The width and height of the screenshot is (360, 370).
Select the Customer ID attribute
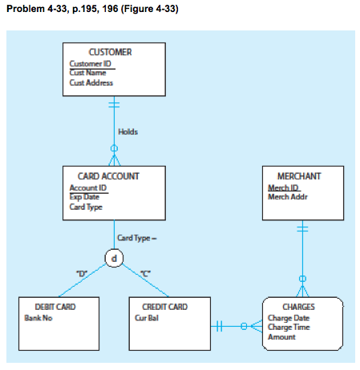pos(90,63)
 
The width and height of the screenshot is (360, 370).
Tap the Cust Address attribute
pos(91,82)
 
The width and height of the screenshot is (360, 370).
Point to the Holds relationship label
pos(127,131)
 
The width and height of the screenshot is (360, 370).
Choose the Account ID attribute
pos(87,187)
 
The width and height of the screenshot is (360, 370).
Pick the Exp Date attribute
pos(84,197)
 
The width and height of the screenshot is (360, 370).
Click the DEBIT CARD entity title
pos(55,307)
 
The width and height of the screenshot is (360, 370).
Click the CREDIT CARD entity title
pos(164,307)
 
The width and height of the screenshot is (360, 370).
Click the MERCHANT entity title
pos(299,176)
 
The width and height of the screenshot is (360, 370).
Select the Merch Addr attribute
pos(285,197)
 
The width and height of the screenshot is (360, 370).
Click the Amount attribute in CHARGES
pos(281,336)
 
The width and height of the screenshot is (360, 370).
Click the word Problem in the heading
pos(22,9)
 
